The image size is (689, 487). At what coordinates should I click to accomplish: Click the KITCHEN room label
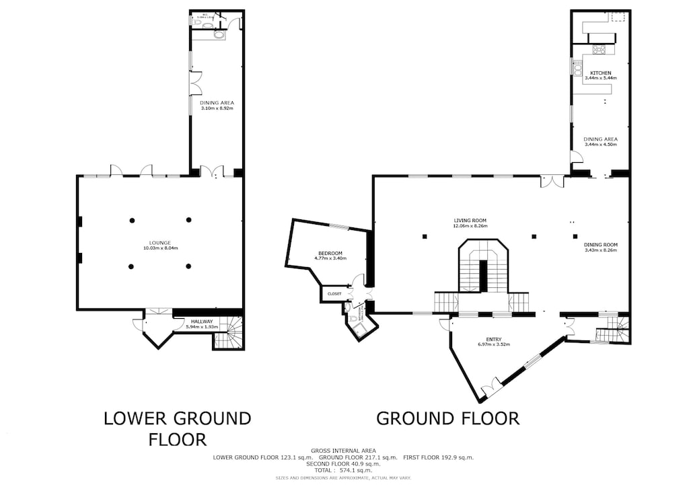tap(600, 73)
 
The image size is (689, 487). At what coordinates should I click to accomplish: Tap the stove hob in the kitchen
tap(599, 49)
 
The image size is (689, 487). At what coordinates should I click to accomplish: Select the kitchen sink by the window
tap(577, 67)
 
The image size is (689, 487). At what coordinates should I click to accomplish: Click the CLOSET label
tap(334, 294)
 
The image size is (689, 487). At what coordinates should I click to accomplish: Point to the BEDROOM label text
tap(330, 253)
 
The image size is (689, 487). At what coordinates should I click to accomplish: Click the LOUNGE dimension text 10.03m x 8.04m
tap(160, 248)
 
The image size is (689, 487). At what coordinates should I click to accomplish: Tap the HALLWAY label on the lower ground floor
tap(201, 322)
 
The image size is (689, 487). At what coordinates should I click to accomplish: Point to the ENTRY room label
tap(493, 339)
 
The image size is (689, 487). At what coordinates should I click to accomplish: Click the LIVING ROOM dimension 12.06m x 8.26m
tap(470, 226)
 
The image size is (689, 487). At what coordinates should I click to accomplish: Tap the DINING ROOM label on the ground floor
tap(600, 244)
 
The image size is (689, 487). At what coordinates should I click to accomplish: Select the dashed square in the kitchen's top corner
tap(618, 16)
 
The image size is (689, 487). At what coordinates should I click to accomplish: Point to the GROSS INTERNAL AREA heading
tap(343, 450)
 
